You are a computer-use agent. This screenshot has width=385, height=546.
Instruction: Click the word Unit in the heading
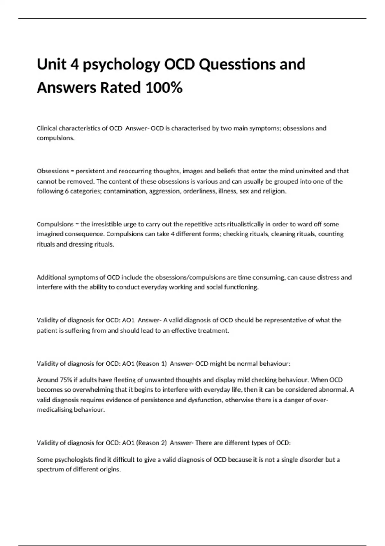(x=51, y=64)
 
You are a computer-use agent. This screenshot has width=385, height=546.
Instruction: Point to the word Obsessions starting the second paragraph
(x=53, y=171)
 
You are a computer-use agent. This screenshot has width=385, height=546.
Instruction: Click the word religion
(x=274, y=191)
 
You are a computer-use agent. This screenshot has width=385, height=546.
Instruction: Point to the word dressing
(x=80, y=244)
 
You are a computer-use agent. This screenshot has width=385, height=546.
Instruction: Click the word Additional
(x=50, y=277)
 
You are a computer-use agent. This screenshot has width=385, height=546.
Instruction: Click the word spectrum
(x=50, y=470)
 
